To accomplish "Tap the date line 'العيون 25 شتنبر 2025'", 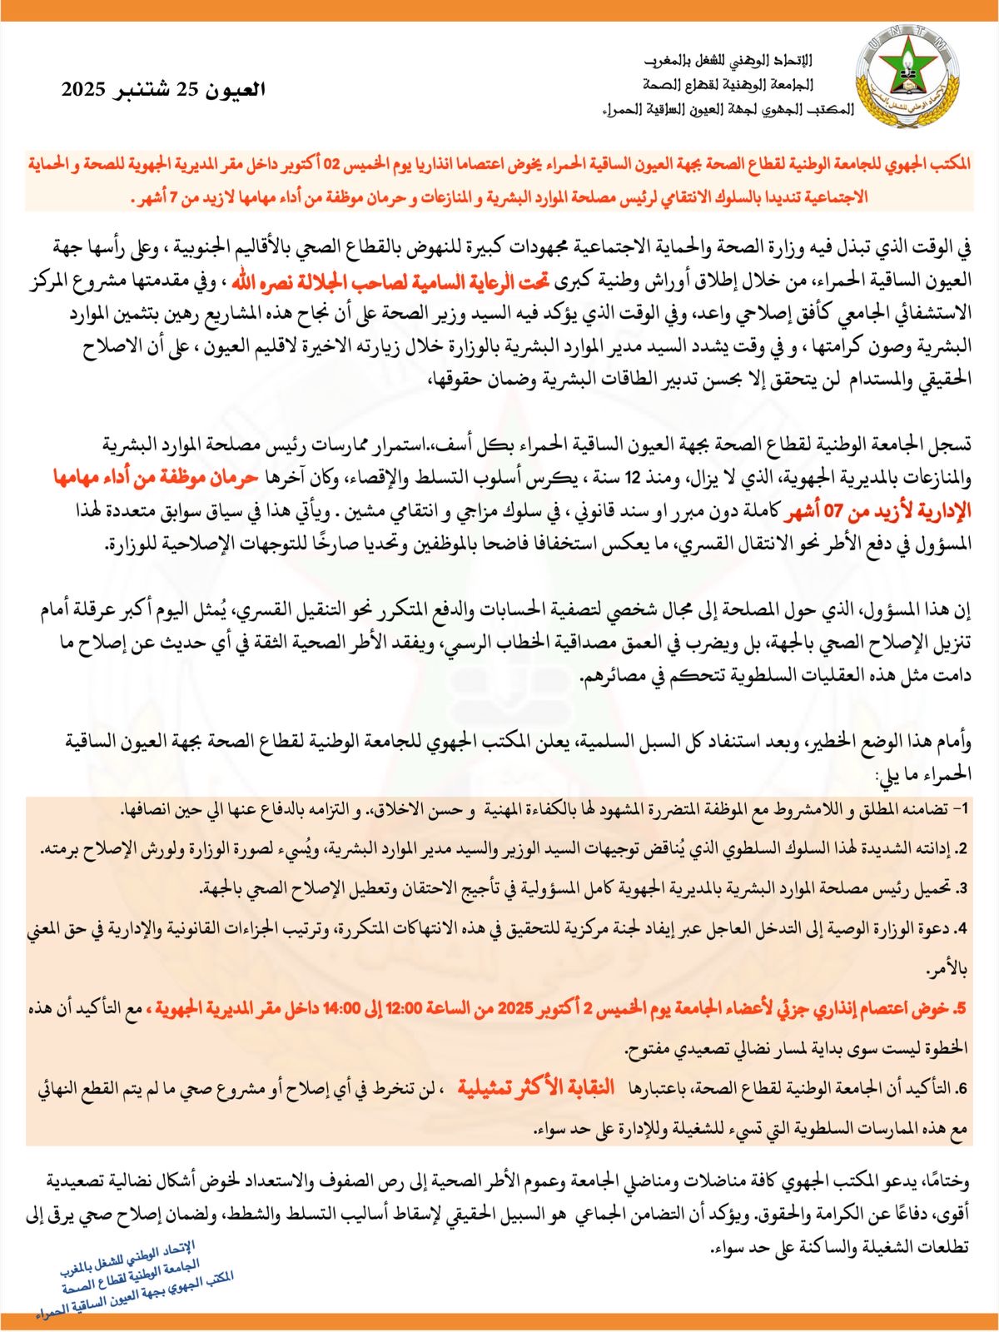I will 163,90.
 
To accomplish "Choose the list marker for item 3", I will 962,887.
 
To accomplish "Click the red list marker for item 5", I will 962,1008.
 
